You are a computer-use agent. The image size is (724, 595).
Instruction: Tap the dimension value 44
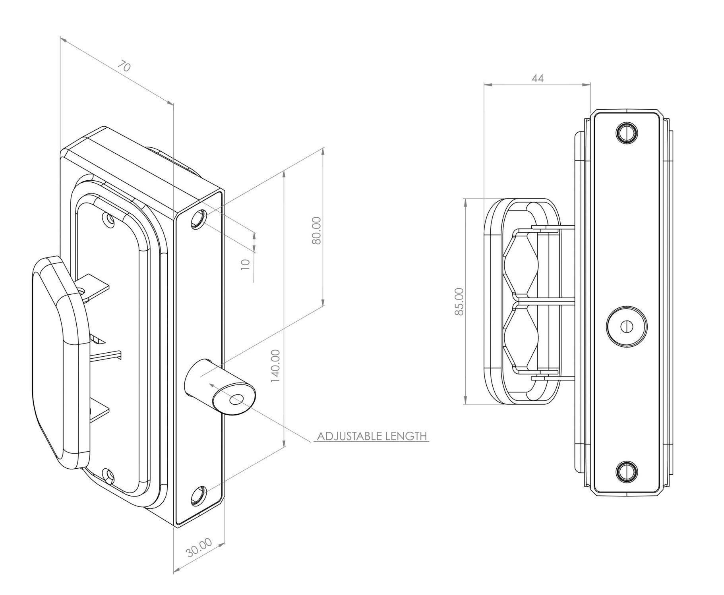[x=537, y=79]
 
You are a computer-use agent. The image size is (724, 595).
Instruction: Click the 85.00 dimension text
[x=459, y=301]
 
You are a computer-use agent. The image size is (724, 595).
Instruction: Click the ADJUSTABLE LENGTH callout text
[x=372, y=436]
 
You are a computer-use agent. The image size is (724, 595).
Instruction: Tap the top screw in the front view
[x=626, y=132]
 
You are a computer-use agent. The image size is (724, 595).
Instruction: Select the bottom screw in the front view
[x=626, y=471]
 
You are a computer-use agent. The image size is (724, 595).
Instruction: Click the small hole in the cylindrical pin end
[x=236, y=399]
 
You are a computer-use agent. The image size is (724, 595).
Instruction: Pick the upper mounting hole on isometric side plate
[x=198, y=220]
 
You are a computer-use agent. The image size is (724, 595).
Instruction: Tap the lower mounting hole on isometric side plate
[x=197, y=496]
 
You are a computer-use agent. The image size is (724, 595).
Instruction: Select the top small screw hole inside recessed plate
[x=108, y=219]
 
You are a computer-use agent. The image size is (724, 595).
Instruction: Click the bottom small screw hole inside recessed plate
[x=108, y=474]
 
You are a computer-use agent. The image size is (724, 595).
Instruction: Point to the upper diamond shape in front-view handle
[x=521, y=264]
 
